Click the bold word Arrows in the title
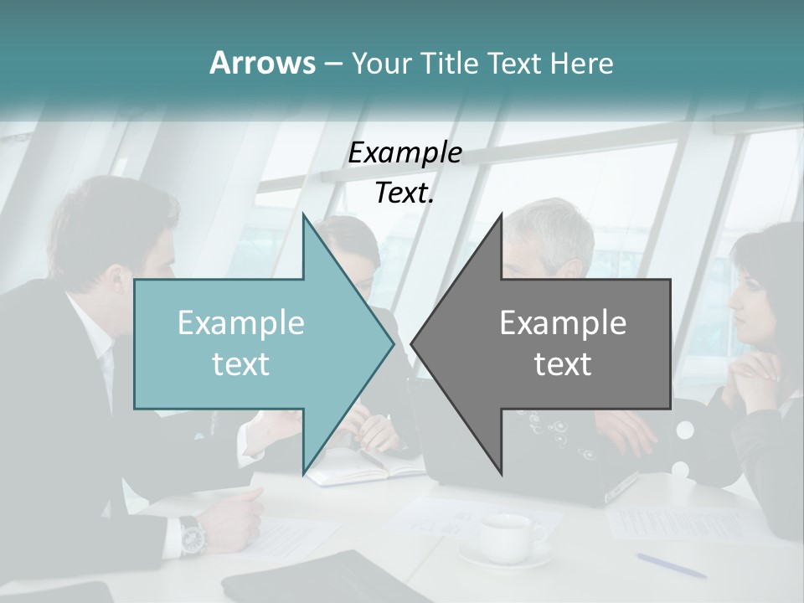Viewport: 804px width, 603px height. click(261, 63)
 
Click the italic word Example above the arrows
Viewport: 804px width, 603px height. click(405, 153)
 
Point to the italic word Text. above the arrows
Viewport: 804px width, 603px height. click(405, 193)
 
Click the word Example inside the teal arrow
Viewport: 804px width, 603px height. click(241, 323)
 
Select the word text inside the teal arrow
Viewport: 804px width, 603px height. click(241, 363)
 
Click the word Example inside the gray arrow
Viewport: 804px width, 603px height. click(563, 323)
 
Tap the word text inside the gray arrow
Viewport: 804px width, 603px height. click(563, 363)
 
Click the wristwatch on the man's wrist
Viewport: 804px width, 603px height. click(192, 533)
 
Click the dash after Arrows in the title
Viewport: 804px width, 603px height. click(332, 64)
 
